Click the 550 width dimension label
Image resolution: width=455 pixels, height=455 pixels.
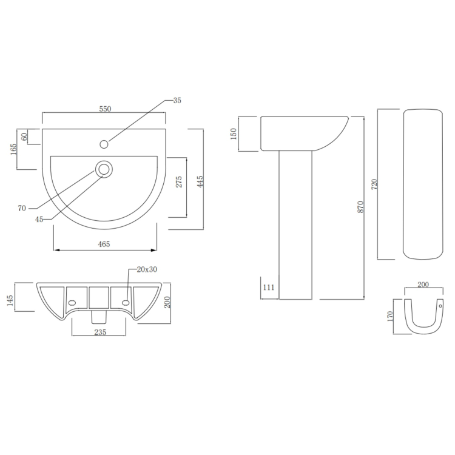[x=105, y=109]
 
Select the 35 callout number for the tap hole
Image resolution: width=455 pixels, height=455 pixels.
[x=177, y=100]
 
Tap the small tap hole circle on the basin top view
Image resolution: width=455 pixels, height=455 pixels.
[x=104, y=144]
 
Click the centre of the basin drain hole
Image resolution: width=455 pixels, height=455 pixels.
[x=104, y=169]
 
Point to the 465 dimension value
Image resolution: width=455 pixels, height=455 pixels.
[x=104, y=244]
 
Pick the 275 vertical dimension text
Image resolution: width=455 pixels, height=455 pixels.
[x=179, y=183]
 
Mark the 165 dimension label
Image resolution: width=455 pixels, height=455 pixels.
[x=13, y=149]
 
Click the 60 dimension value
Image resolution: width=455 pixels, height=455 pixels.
[x=25, y=136]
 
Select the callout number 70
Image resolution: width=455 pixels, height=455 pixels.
[x=22, y=208]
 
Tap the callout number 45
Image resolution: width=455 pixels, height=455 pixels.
[x=39, y=220]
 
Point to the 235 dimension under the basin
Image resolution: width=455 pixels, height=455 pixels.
[x=101, y=332]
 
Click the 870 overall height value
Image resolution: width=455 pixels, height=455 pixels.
[x=360, y=207]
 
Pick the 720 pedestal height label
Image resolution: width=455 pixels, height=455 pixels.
[x=374, y=184]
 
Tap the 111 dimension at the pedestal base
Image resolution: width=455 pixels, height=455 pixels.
[x=269, y=288]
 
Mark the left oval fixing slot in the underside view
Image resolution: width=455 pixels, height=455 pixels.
[x=72, y=302]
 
